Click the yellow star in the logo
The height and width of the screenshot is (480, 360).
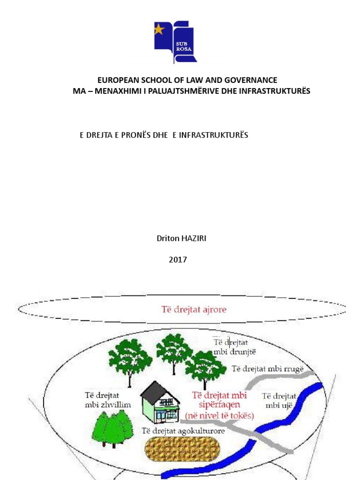tap(159, 30)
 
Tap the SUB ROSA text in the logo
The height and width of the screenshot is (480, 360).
tap(184, 46)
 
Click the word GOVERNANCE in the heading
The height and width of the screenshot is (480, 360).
tap(251, 80)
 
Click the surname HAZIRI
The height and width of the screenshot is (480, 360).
tap(194, 238)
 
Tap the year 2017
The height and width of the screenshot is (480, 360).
tap(178, 260)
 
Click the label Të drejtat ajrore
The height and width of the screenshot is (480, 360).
tap(194, 309)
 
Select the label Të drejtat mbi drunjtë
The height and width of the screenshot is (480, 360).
tap(234, 347)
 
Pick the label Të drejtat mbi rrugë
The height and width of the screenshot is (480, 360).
tap(268, 369)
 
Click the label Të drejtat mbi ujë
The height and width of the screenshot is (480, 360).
tap(279, 401)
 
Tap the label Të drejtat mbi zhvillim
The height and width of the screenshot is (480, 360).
tap(108, 400)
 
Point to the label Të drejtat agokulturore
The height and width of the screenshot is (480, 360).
tap(183, 431)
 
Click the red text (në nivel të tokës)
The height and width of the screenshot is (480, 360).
tap(219, 416)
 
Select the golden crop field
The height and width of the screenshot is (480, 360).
tap(182, 449)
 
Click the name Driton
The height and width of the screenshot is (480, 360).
tap(168, 238)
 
